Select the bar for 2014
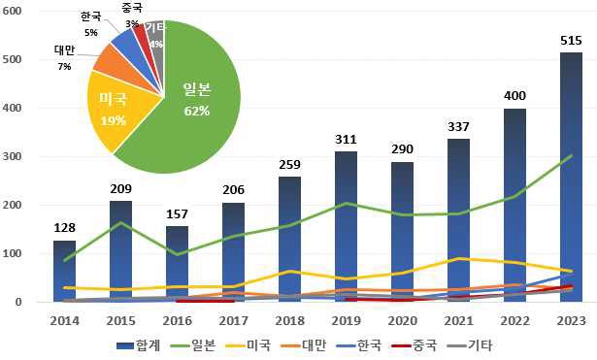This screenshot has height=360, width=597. (63, 271)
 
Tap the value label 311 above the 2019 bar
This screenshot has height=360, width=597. (346, 139)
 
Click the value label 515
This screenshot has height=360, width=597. (571, 40)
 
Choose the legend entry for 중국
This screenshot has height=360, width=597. (417, 344)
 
